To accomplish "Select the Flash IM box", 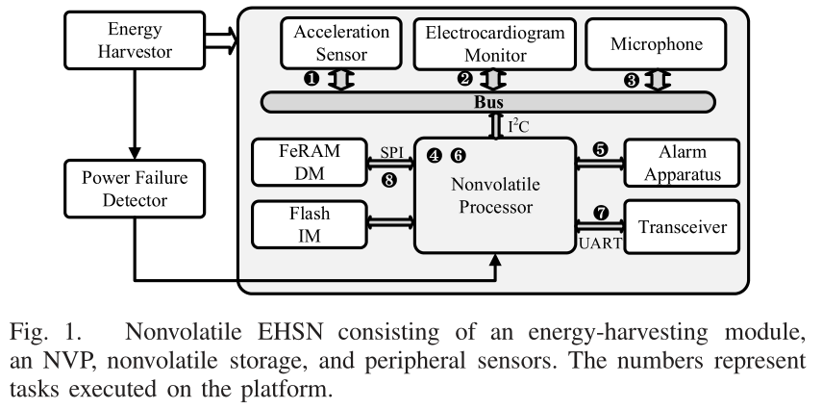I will point(310,222).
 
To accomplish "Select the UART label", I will point(597,244).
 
